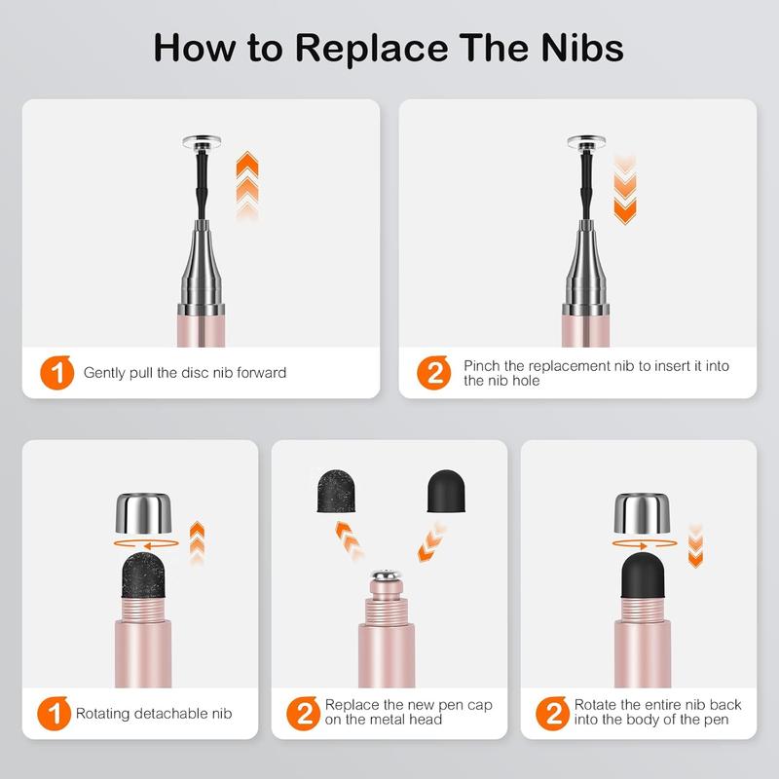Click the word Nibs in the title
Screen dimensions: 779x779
click(x=582, y=48)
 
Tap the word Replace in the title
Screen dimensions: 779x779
click(x=372, y=49)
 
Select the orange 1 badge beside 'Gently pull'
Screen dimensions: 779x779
click(x=57, y=373)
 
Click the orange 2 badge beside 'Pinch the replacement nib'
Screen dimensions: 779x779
click(x=433, y=373)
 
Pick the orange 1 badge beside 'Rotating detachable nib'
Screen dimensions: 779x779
click(x=55, y=714)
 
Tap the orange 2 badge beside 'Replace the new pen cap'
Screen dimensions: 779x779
click(x=304, y=714)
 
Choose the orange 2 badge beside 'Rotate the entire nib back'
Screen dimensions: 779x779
click(x=552, y=714)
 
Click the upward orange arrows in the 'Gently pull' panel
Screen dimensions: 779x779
click(x=247, y=185)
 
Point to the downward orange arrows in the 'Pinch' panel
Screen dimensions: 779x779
click(x=625, y=190)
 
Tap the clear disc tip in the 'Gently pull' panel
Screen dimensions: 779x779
click(x=202, y=142)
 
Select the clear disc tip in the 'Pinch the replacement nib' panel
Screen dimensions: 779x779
click(x=586, y=142)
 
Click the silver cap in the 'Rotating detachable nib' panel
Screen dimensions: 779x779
click(x=143, y=513)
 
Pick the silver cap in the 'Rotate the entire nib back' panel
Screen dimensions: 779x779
click(x=643, y=513)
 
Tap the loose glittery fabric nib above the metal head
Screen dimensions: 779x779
click(x=335, y=491)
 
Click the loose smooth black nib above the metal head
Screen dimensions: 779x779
click(x=446, y=491)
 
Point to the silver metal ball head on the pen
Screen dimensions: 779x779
click(x=386, y=575)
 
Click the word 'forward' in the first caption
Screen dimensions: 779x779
click(x=261, y=373)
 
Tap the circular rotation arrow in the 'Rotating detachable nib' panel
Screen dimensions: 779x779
click(x=146, y=543)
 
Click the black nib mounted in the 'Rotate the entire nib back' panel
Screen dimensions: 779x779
click(x=643, y=575)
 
